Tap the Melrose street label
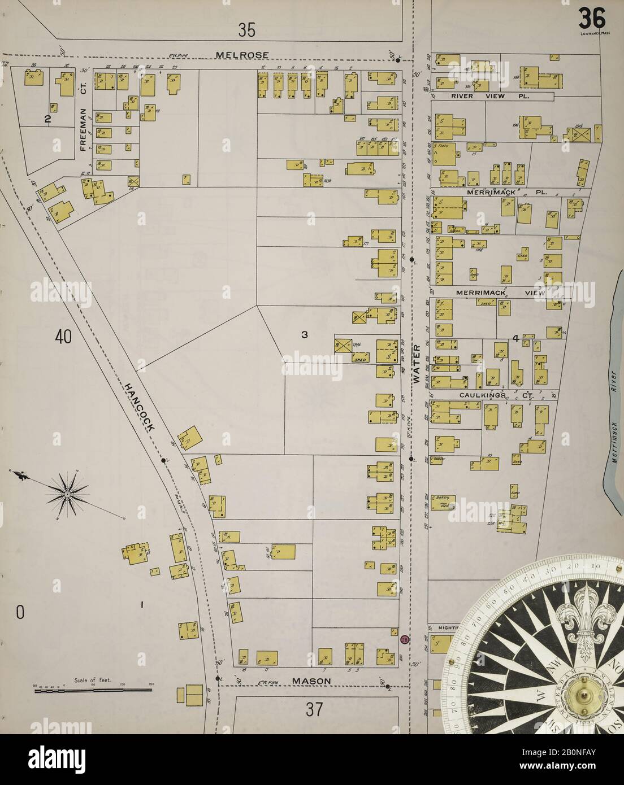[238, 55]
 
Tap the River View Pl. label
[489, 97]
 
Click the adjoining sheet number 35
[246, 30]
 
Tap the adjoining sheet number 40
[63, 337]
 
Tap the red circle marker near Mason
[404, 639]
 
